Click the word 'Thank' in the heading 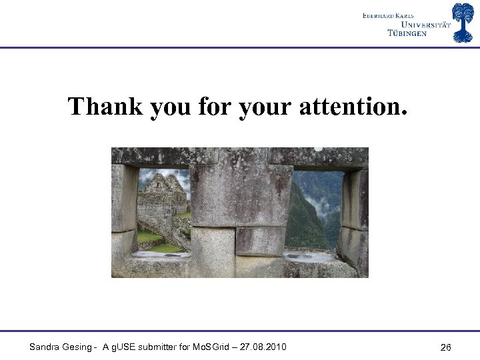[x=105, y=107]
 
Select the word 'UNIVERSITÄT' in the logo [x=418, y=24]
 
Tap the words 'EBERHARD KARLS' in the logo [x=388, y=15]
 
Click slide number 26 [x=446, y=347]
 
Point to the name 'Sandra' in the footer [x=44, y=347]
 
